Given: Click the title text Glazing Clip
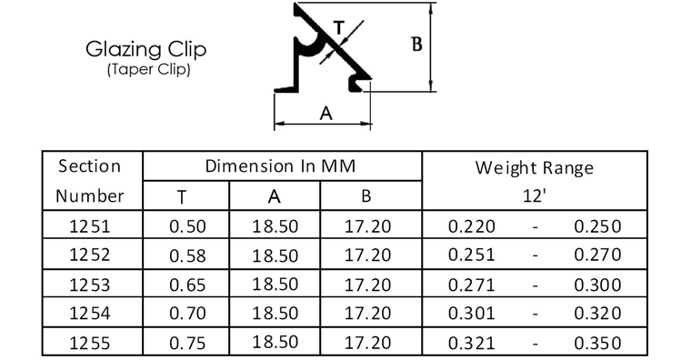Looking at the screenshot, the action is click(145, 50).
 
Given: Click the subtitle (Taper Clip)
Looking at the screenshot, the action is click(148, 69).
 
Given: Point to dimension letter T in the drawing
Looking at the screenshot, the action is click(339, 28).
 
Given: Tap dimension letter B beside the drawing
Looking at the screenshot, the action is click(416, 44).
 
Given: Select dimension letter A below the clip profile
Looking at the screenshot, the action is click(325, 114).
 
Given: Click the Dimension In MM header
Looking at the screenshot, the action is click(280, 165).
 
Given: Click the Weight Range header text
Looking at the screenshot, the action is click(535, 168).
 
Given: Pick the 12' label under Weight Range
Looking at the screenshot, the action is click(534, 195).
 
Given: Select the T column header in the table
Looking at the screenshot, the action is click(182, 197).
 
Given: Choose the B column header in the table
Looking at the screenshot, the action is click(366, 196).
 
